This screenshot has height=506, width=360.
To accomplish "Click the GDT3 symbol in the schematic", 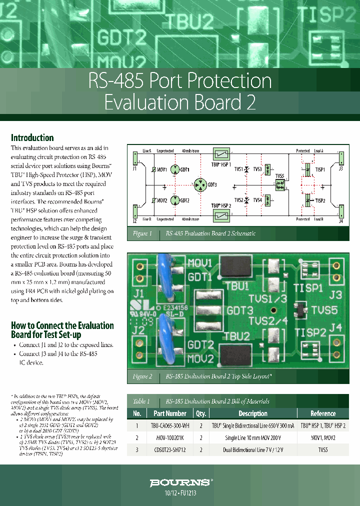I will [x=200, y=185].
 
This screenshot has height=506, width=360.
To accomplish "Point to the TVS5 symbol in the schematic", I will [x=279, y=184].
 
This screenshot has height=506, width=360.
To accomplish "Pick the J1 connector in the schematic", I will [x=135, y=158].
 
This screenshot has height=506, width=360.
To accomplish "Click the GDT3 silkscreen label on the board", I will [x=239, y=310].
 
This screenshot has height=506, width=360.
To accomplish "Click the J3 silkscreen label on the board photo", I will [x=335, y=295].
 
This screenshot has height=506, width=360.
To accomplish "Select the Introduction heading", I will [x=32, y=138].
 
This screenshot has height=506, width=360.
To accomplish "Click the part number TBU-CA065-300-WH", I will [x=170, y=426].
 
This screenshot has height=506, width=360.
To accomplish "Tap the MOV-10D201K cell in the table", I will [x=170, y=437].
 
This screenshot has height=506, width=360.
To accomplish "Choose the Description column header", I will [x=253, y=413].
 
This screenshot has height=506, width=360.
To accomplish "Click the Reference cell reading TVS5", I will [x=323, y=449].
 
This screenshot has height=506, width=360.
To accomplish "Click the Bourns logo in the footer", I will [x=180, y=482].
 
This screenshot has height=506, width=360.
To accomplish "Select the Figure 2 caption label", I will [x=142, y=376].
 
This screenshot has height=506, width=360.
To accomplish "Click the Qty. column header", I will [x=201, y=413].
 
